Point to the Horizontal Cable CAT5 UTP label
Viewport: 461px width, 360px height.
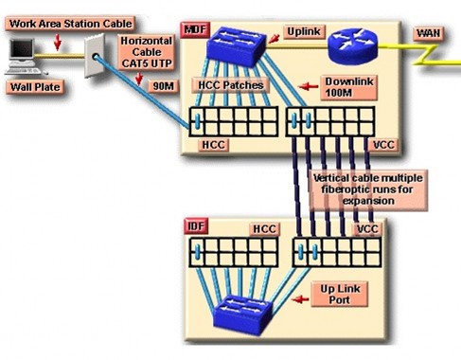pos(143,53)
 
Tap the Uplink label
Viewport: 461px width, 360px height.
pos(307,31)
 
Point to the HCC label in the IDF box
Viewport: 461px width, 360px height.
pos(265,229)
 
